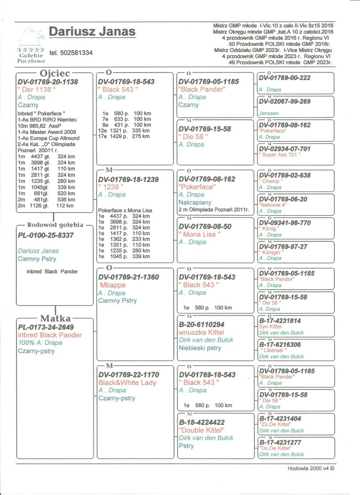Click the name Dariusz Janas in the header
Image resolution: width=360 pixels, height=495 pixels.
(92, 32)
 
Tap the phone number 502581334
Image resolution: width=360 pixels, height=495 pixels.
(71, 53)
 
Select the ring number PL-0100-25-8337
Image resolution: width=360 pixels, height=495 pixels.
(45, 235)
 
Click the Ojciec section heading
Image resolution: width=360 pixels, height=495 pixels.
(54, 73)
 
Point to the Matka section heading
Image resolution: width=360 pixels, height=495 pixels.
(55, 318)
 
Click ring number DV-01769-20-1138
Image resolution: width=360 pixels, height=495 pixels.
(48, 82)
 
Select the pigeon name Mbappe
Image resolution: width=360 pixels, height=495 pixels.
(112, 285)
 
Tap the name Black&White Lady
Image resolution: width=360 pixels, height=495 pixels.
(127, 383)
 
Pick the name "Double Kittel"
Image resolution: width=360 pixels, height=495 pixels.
(201, 430)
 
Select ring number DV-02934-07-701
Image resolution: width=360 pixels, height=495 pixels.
(284, 149)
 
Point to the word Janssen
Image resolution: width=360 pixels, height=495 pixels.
(269, 114)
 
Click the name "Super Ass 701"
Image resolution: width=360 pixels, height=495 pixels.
(279, 155)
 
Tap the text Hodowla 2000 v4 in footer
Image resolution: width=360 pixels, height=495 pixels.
(311, 468)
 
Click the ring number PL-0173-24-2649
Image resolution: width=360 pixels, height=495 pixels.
(45, 327)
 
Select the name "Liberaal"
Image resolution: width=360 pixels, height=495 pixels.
(273, 350)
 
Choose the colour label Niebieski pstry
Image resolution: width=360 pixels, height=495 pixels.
(200, 348)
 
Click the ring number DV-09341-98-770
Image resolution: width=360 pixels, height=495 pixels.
(284, 223)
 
